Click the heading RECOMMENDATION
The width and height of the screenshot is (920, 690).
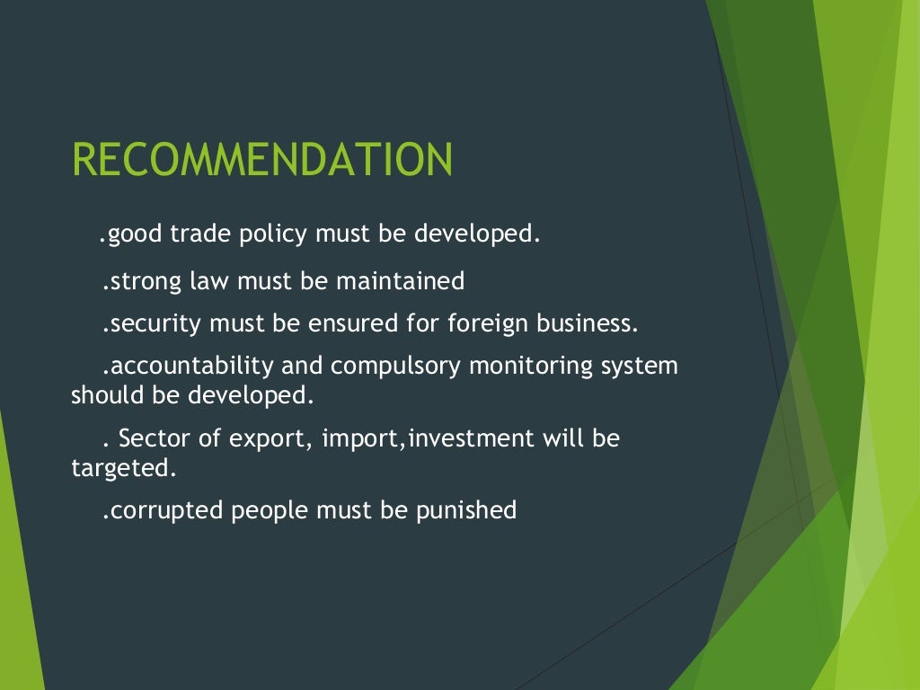262,160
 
